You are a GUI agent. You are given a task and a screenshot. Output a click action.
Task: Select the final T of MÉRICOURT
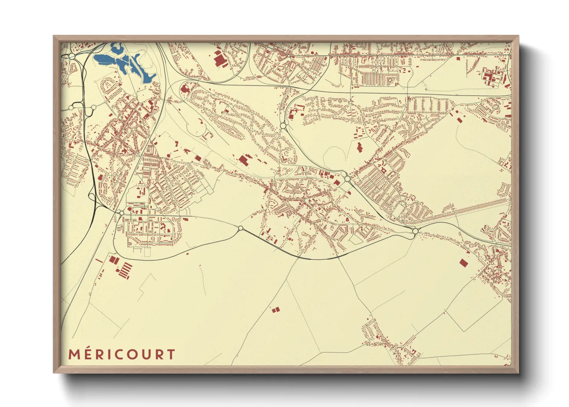click(x=171, y=354)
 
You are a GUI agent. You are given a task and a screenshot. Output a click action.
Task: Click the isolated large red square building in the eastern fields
click(x=463, y=263)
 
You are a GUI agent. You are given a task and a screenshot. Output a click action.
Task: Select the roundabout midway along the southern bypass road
click(x=241, y=229)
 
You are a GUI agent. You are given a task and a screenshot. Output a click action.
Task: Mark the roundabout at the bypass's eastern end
click(x=415, y=231)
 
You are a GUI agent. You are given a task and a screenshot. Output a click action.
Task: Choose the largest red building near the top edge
click(x=219, y=60)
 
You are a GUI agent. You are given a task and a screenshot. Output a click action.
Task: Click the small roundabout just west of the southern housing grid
click(x=122, y=213)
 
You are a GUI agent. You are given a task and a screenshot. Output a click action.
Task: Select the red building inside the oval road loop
click(x=185, y=89)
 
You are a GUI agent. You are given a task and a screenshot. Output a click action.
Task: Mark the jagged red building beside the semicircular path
click(x=359, y=147)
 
